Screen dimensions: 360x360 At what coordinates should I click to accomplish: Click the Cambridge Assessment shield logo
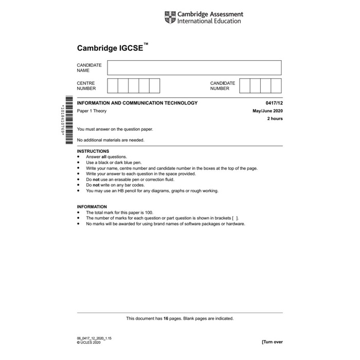[x=170, y=17]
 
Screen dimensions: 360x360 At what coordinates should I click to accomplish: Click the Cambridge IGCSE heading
[x=112, y=48]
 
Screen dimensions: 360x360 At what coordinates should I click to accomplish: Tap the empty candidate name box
[x=194, y=68]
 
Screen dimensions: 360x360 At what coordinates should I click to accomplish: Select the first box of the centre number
[x=113, y=85]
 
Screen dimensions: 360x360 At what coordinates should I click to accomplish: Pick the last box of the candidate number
[x=276, y=85]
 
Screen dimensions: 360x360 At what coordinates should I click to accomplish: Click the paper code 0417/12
[x=274, y=103]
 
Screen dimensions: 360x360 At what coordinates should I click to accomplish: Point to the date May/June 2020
[x=267, y=111]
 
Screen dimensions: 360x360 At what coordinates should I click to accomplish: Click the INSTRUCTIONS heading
[x=93, y=151]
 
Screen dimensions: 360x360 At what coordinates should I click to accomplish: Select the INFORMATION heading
[x=92, y=206]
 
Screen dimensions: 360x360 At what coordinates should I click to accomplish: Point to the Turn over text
[x=272, y=342]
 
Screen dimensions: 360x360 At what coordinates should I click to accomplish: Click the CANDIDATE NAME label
[x=89, y=68]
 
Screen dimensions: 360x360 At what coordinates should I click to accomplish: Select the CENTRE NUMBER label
[x=86, y=85]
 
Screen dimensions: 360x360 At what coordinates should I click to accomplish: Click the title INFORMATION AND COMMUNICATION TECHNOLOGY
[x=137, y=103]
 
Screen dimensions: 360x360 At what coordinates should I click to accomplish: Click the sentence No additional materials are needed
[x=111, y=140]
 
